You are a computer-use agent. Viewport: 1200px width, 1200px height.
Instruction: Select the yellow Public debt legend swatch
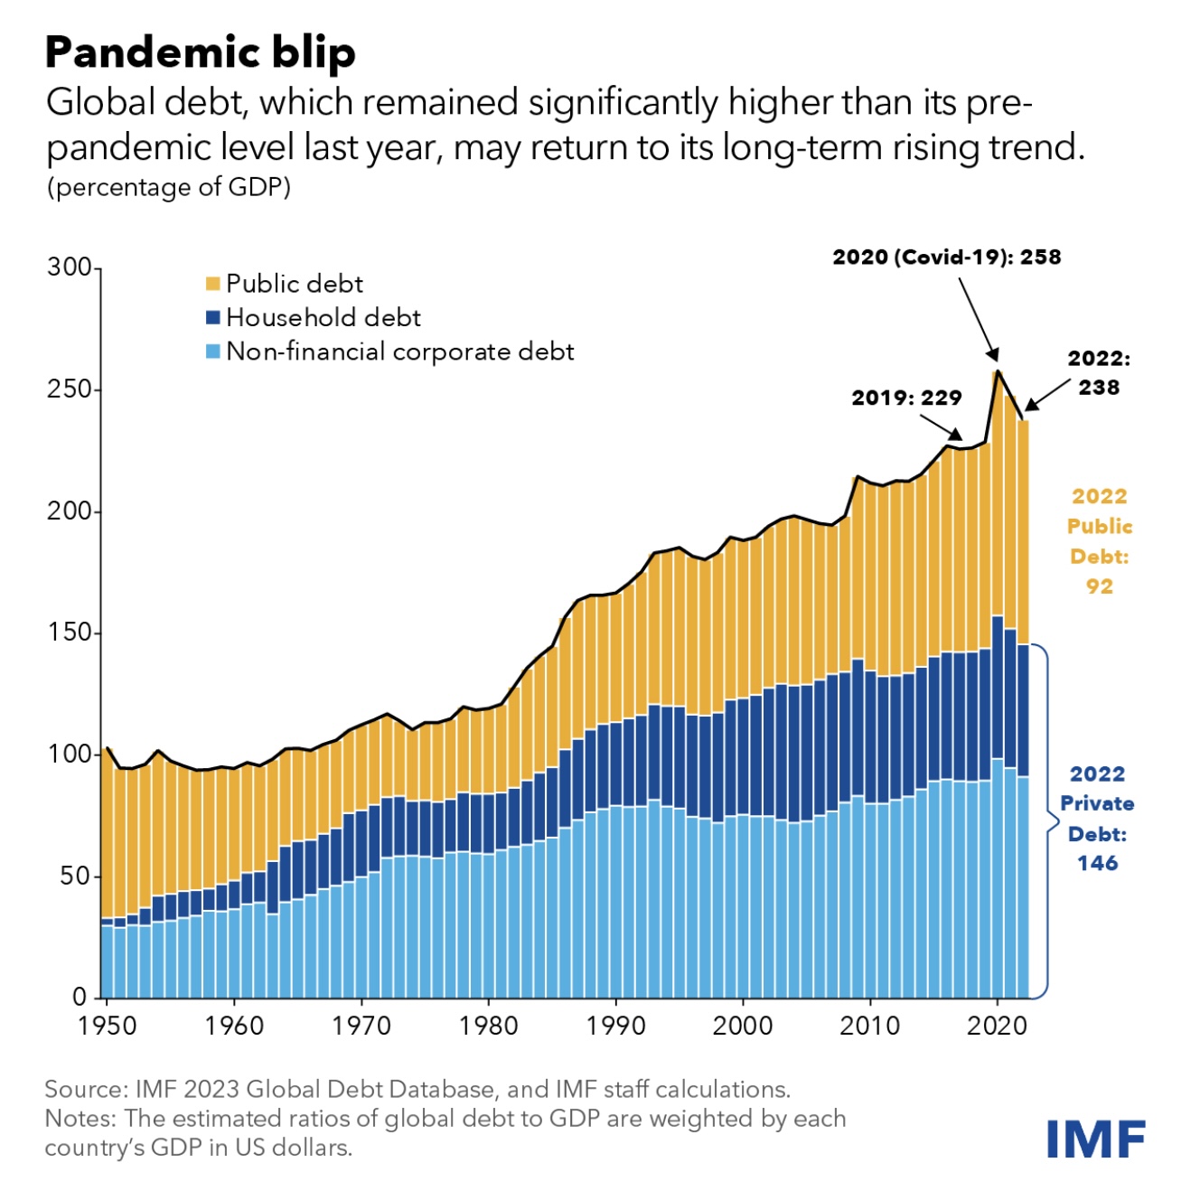click(x=213, y=284)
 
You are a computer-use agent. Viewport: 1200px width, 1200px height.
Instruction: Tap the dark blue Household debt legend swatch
click(x=213, y=317)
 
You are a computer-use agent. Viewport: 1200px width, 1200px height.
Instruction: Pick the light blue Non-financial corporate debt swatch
click(x=213, y=352)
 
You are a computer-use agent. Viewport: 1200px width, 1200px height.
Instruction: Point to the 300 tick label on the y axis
click(x=69, y=267)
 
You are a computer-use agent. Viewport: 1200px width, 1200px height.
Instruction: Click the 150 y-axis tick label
click(x=69, y=633)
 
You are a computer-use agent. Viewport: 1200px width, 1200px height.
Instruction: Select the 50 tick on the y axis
click(x=76, y=877)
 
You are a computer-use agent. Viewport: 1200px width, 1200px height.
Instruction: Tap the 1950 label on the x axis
click(x=108, y=1026)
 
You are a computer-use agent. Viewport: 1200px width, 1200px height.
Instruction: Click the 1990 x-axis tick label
click(x=616, y=1026)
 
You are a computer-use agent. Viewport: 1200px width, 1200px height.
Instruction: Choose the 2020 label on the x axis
click(x=997, y=1026)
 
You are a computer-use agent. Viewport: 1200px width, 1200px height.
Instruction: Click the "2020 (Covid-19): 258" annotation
click(x=947, y=258)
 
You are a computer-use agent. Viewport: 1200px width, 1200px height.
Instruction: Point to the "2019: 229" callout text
click(x=906, y=398)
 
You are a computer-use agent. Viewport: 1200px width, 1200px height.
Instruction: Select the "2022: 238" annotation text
click(x=1099, y=373)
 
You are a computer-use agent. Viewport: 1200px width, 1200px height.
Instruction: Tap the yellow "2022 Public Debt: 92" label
click(x=1099, y=541)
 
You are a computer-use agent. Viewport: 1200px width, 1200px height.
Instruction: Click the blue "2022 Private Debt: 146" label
click(x=1097, y=819)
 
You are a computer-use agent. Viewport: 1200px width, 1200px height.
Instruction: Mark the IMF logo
click(x=1096, y=1139)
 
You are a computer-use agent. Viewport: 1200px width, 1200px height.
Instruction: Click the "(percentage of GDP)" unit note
click(x=169, y=187)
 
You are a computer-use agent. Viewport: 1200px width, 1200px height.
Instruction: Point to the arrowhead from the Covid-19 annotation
click(x=994, y=354)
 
